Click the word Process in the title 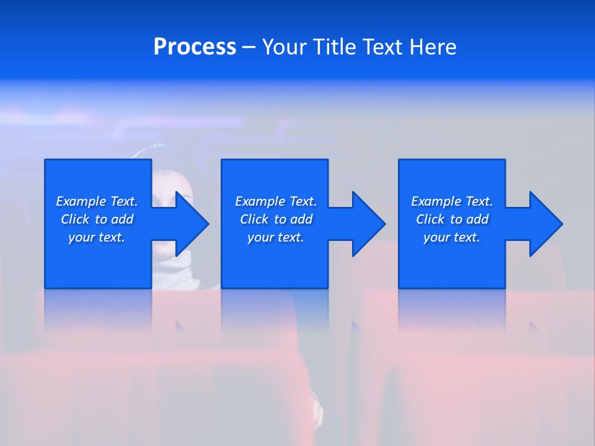(x=195, y=46)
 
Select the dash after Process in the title (x=249, y=47)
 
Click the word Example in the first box (x=81, y=201)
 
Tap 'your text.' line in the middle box (x=276, y=237)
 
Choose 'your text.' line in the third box (x=452, y=237)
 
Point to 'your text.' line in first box (x=97, y=237)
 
